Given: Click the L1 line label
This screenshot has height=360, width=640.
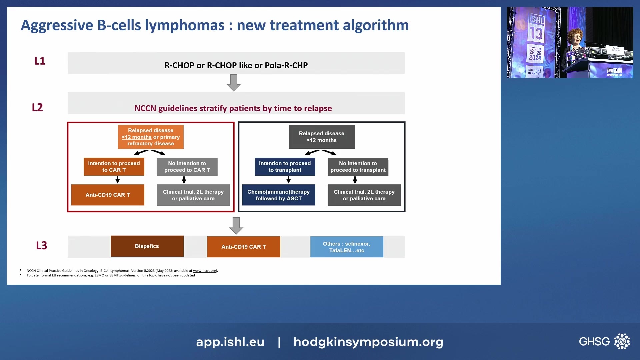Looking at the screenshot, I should tap(40, 61).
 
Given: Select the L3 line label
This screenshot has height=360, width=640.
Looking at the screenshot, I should tap(41, 246).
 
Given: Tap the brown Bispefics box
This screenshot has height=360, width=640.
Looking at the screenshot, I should tap(147, 246).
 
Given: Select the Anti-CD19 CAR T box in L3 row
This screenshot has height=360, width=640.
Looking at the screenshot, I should tap(244, 247).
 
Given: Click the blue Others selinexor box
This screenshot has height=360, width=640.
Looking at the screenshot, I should tap(347, 247).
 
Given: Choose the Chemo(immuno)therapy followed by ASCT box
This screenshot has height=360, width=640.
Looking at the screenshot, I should tap(279, 195).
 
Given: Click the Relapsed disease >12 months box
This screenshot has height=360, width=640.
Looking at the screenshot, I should tap(322, 137).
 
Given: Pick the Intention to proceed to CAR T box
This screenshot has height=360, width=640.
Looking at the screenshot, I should tap(114, 167).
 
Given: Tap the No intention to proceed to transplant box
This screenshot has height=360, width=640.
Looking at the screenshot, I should tap(358, 167).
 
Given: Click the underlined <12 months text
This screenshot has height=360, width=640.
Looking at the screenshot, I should tap(137, 137).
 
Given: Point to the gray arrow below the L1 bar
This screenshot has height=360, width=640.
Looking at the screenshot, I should tap(233, 82).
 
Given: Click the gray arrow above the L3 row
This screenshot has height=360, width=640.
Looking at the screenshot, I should tap(236, 226).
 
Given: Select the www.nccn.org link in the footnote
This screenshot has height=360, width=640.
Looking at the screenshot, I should tap(205, 271).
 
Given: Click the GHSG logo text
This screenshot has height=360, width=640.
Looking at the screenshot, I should tap(594, 341).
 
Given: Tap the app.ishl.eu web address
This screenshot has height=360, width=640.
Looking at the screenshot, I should tap(230, 342).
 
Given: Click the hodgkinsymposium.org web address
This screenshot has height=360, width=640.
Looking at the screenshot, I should tap(368, 342).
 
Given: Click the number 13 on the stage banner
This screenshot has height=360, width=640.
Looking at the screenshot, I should tap(536, 33).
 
